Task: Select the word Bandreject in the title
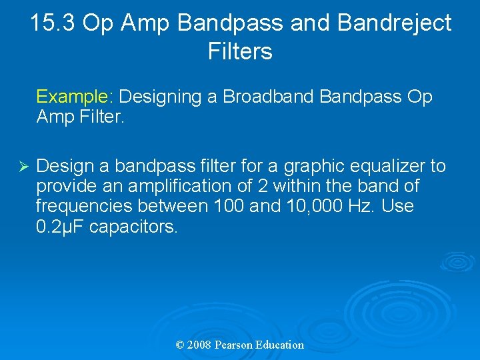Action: tap(394, 23)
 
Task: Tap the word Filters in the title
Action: tap(240, 51)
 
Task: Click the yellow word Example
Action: tap(73, 97)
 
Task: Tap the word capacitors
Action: tap(133, 227)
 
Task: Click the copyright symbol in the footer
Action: tap(179, 345)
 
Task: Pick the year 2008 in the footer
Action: tap(199, 345)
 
